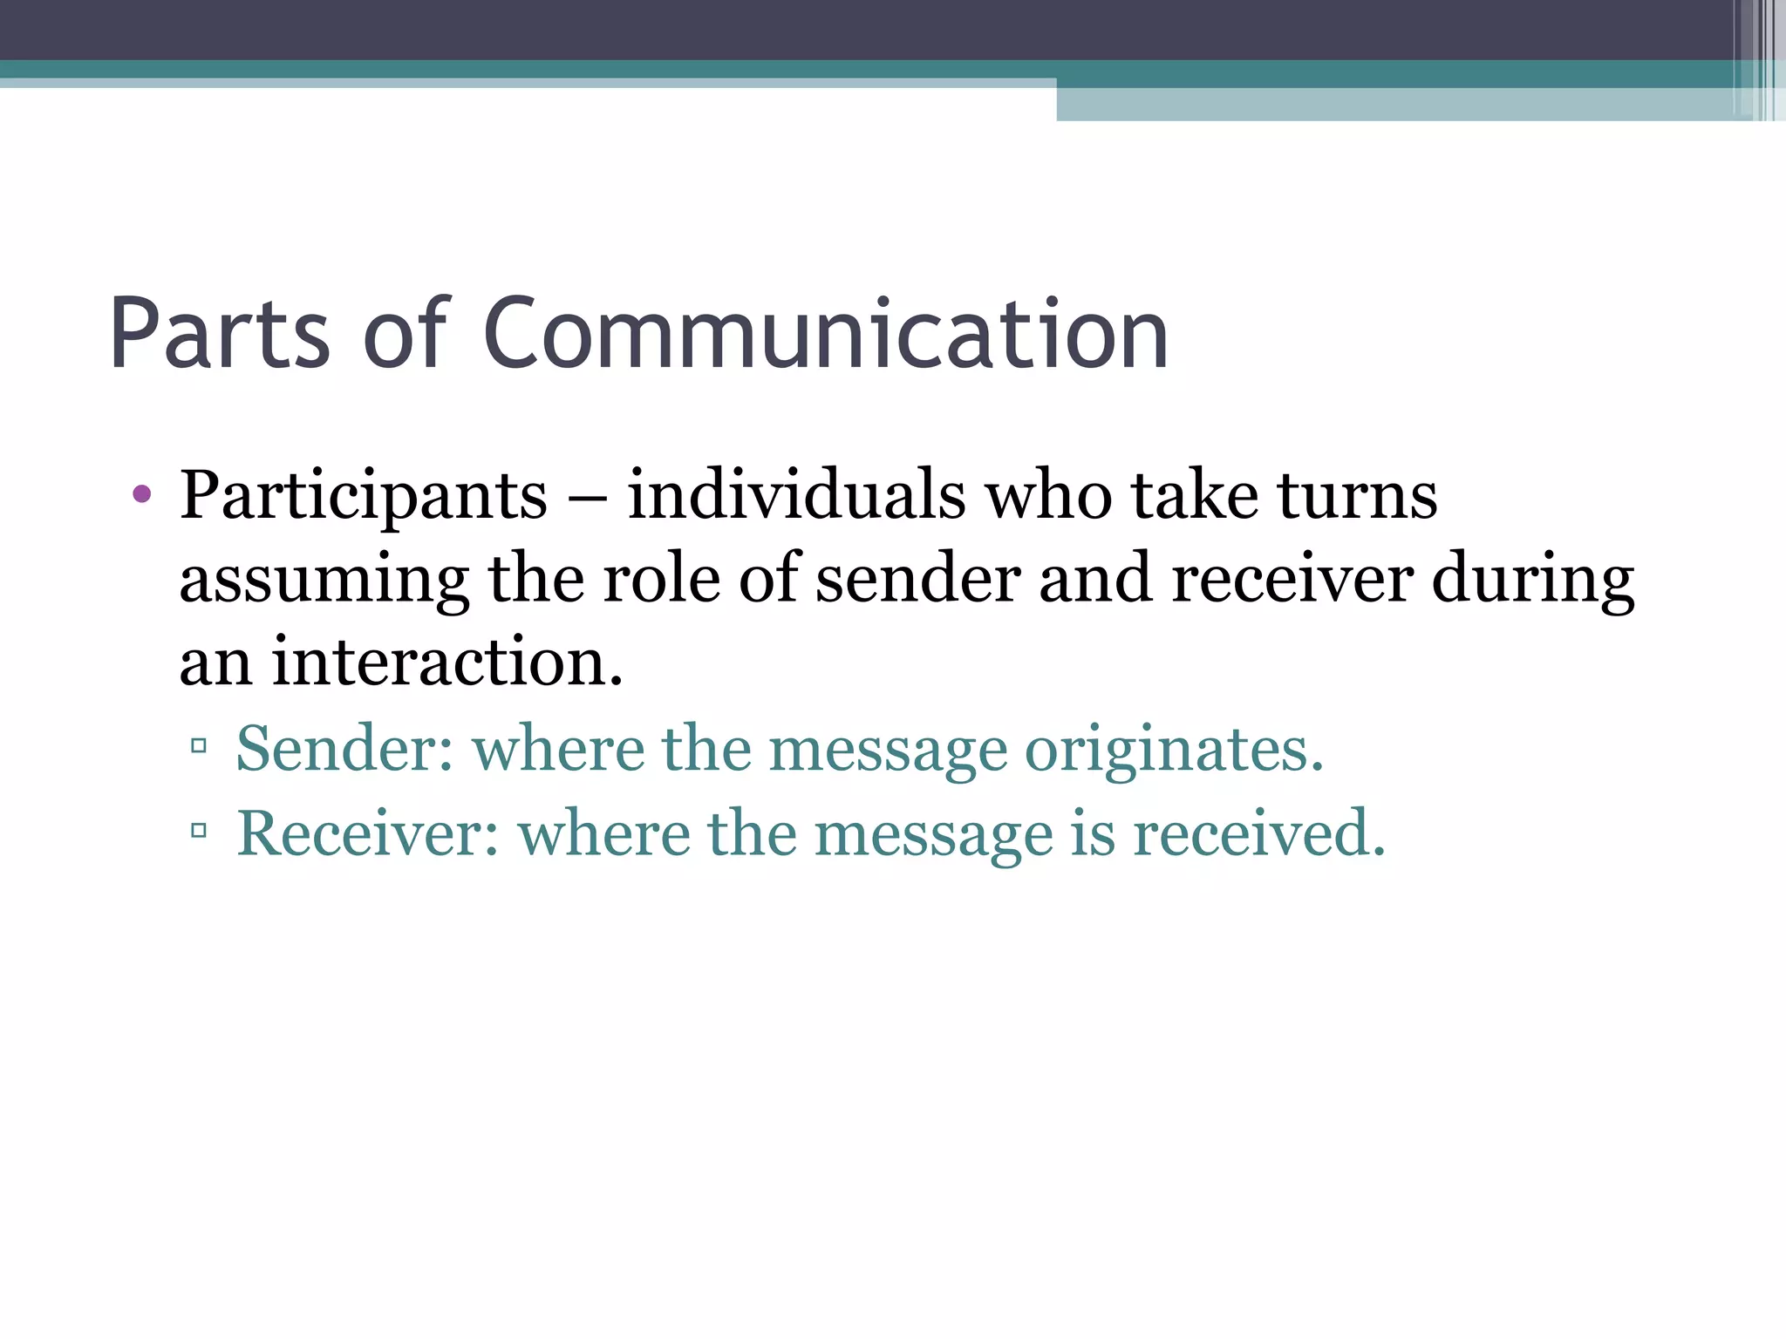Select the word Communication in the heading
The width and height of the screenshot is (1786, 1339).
click(x=825, y=334)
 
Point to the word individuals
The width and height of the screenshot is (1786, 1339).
click(x=795, y=495)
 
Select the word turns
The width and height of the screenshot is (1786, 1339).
click(x=1357, y=495)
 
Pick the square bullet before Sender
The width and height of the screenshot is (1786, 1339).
click(x=199, y=746)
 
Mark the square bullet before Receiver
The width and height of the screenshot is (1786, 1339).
click(x=199, y=831)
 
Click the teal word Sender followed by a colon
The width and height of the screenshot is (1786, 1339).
click(x=344, y=749)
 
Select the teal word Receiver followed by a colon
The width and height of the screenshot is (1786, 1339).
click(x=367, y=833)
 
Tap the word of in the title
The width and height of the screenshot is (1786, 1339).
click(x=405, y=334)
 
